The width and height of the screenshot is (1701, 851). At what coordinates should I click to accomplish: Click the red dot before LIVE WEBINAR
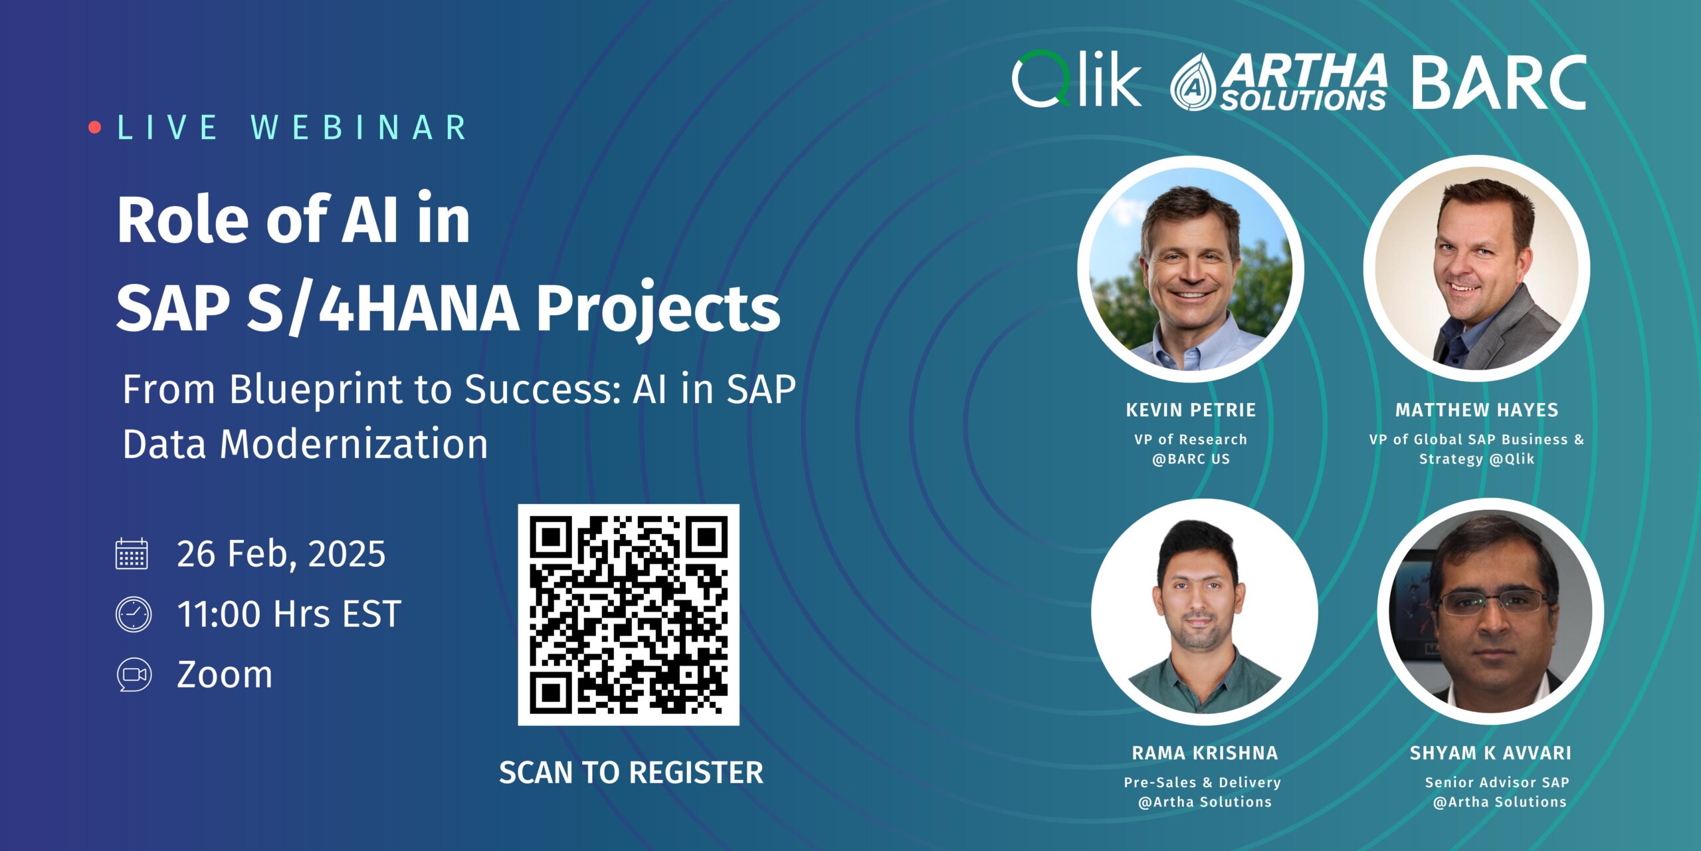[95, 127]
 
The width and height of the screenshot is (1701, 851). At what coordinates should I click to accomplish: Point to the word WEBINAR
[359, 128]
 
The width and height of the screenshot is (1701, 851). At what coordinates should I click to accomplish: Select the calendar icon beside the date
[132, 554]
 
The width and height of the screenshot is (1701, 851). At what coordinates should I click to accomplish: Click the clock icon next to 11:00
[134, 614]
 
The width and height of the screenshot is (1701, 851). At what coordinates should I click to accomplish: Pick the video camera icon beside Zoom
[134, 675]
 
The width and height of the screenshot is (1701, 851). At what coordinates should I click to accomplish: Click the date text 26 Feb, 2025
[281, 554]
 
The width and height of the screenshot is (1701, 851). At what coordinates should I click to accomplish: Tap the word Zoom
[225, 675]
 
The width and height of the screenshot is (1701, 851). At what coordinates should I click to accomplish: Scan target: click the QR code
[629, 614]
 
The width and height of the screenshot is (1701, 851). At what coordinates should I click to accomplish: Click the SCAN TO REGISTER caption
[631, 773]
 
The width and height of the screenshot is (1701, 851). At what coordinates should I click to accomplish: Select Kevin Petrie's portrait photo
[1190, 269]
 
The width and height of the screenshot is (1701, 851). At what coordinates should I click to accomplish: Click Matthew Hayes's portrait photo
[1476, 269]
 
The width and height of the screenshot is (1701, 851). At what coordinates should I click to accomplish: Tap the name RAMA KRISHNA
[1205, 753]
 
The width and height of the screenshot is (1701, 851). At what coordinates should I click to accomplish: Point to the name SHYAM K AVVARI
[1490, 753]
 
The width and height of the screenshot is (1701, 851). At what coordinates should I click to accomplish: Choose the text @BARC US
[1191, 459]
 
